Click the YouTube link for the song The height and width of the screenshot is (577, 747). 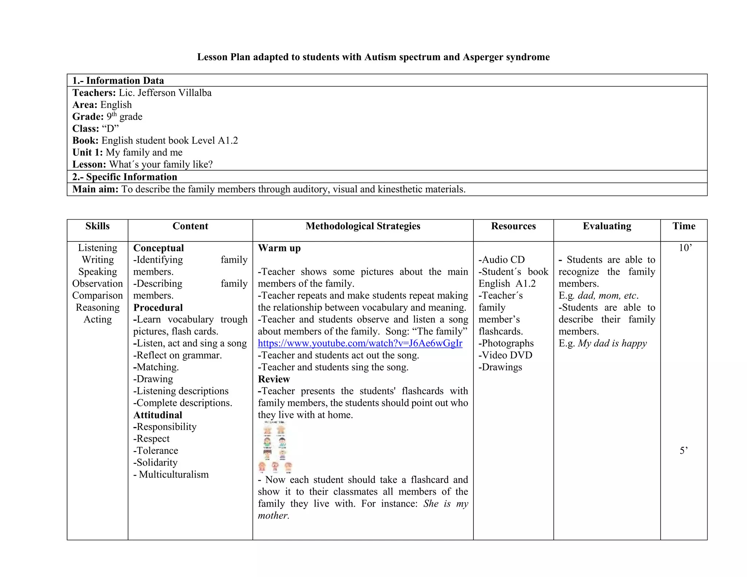coord(360,343)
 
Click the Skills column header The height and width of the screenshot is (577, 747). coord(97,226)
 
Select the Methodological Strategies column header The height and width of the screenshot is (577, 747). coord(363,226)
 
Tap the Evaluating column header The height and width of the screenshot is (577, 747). coord(607,226)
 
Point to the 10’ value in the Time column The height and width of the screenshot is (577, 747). coord(685,248)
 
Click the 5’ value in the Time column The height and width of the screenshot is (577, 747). coord(684,451)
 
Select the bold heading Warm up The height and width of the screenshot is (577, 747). coord(279,248)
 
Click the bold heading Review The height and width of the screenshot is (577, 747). coord(274,379)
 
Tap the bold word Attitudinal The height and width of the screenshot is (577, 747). coord(158,415)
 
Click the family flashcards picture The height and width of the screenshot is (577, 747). coord(275,447)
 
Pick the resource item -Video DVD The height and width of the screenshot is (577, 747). coord(505,355)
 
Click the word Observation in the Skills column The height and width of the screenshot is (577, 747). coord(97,284)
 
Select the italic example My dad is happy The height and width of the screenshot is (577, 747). coord(612,343)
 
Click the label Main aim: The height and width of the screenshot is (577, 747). coord(95,189)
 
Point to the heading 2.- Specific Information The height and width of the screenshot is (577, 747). coord(124,177)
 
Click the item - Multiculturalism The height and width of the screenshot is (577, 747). coord(171,475)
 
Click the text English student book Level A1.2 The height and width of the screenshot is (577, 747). coord(170,141)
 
